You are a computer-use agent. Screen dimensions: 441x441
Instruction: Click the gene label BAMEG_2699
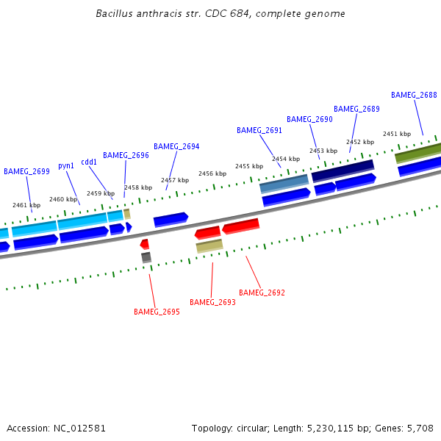pyautogui.click(x=26, y=171)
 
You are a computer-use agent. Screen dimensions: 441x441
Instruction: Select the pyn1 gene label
pyautogui.click(x=66, y=166)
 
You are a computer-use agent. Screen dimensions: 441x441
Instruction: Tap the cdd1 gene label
pyautogui.click(x=89, y=162)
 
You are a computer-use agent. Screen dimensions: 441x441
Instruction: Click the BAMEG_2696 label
pyautogui.click(x=126, y=156)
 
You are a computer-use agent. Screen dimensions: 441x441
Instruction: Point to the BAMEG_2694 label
pyautogui.click(x=176, y=146)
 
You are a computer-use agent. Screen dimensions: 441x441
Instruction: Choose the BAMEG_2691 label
pyautogui.click(x=259, y=130)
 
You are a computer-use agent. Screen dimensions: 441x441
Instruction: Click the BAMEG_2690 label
pyautogui.click(x=309, y=119)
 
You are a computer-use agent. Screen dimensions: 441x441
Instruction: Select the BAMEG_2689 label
pyautogui.click(x=356, y=109)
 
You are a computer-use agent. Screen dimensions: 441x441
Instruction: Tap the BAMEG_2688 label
pyautogui.click(x=414, y=95)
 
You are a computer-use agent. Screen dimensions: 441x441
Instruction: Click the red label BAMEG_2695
pyautogui.click(x=157, y=312)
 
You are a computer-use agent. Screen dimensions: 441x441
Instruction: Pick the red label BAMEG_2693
pyautogui.click(x=212, y=302)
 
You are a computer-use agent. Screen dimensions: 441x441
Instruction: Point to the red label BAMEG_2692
pyautogui.click(x=262, y=293)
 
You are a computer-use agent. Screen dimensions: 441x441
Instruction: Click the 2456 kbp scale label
pyautogui.click(x=212, y=173)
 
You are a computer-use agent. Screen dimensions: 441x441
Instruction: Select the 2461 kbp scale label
pyautogui.click(x=26, y=205)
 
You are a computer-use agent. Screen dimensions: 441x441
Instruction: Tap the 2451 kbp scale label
pyautogui.click(x=396, y=134)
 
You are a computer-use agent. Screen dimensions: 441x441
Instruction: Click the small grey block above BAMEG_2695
pyautogui.click(x=146, y=257)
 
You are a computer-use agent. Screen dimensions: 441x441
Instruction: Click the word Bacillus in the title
pyautogui.click(x=115, y=14)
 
